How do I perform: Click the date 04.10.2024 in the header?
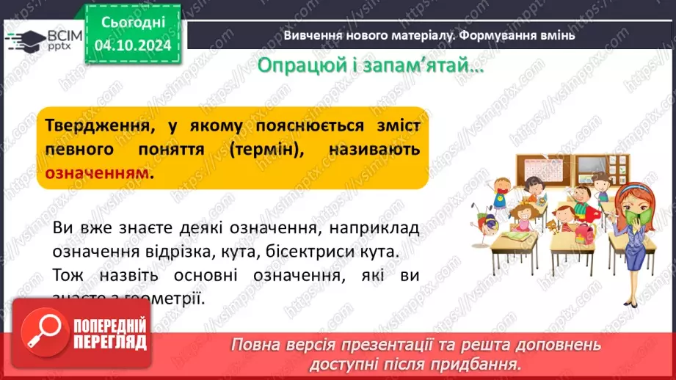coord(133,44)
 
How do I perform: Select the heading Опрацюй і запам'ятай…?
coord(371,65)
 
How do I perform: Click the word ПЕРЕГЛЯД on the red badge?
coord(109,341)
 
